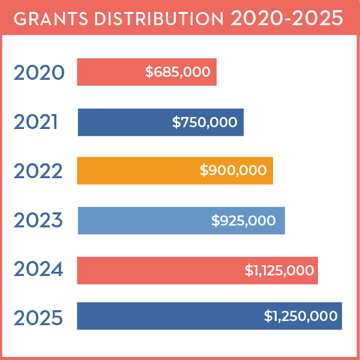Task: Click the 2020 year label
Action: [x=38, y=73]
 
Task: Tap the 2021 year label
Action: [x=36, y=122]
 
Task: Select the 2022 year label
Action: [x=38, y=171]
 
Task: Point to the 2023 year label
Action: [x=38, y=220]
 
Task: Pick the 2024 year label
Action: [x=38, y=270]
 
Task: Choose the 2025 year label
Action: [x=38, y=317]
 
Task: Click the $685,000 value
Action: [x=178, y=72]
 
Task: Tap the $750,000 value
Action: [x=205, y=122]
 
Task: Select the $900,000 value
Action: [x=233, y=171]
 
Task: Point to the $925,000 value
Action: [x=244, y=220]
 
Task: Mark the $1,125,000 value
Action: [x=279, y=271]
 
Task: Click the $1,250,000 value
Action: [x=301, y=316]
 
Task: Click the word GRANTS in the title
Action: [x=44, y=18]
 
